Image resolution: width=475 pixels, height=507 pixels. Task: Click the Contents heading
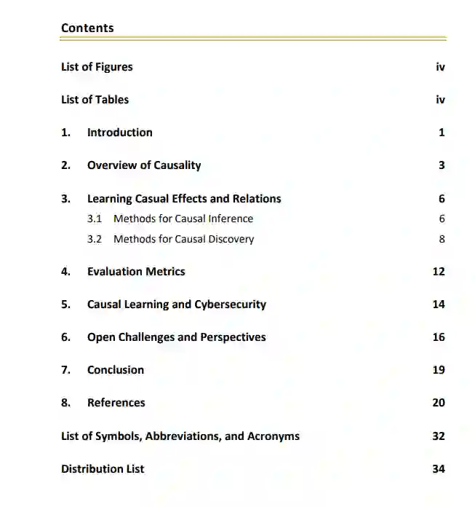pyautogui.click(x=87, y=28)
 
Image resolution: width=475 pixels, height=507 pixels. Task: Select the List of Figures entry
pyautogui.click(x=97, y=67)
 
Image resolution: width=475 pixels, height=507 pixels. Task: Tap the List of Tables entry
pyautogui.click(x=95, y=100)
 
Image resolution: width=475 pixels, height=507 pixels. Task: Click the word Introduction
pyautogui.click(x=119, y=133)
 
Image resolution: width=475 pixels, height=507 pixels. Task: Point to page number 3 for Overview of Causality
pyautogui.click(x=442, y=165)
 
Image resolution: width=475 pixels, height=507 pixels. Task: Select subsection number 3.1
pyautogui.click(x=95, y=219)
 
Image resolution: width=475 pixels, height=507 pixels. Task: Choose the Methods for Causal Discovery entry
pyautogui.click(x=183, y=239)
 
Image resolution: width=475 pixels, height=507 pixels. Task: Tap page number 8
pyautogui.click(x=442, y=239)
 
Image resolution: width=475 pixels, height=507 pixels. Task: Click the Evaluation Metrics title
pyautogui.click(x=136, y=272)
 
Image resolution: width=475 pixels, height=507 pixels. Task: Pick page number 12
pyautogui.click(x=439, y=272)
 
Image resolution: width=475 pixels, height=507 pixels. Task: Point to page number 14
pyautogui.click(x=439, y=304)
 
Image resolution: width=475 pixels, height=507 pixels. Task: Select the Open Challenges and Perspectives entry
pyautogui.click(x=176, y=337)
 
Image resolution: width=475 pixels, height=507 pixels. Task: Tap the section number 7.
pyautogui.click(x=65, y=370)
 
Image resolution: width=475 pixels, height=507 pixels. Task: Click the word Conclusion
pyautogui.click(x=116, y=370)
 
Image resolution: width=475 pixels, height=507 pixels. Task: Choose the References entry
pyautogui.click(x=116, y=403)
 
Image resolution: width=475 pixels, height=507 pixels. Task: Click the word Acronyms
pyautogui.click(x=274, y=436)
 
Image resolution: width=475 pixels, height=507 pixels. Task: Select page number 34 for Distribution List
pyautogui.click(x=439, y=469)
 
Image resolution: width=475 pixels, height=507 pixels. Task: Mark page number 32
pyautogui.click(x=439, y=436)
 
